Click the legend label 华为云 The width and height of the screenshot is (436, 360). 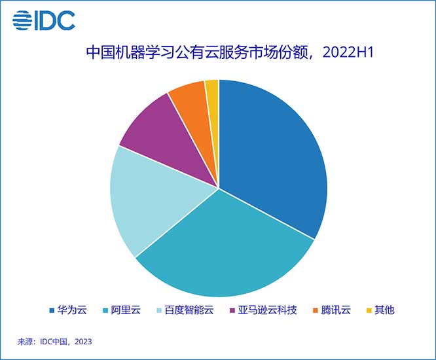[73, 310]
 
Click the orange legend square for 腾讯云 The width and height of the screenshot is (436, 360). [317, 310]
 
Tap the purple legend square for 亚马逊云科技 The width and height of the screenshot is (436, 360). [234, 310]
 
